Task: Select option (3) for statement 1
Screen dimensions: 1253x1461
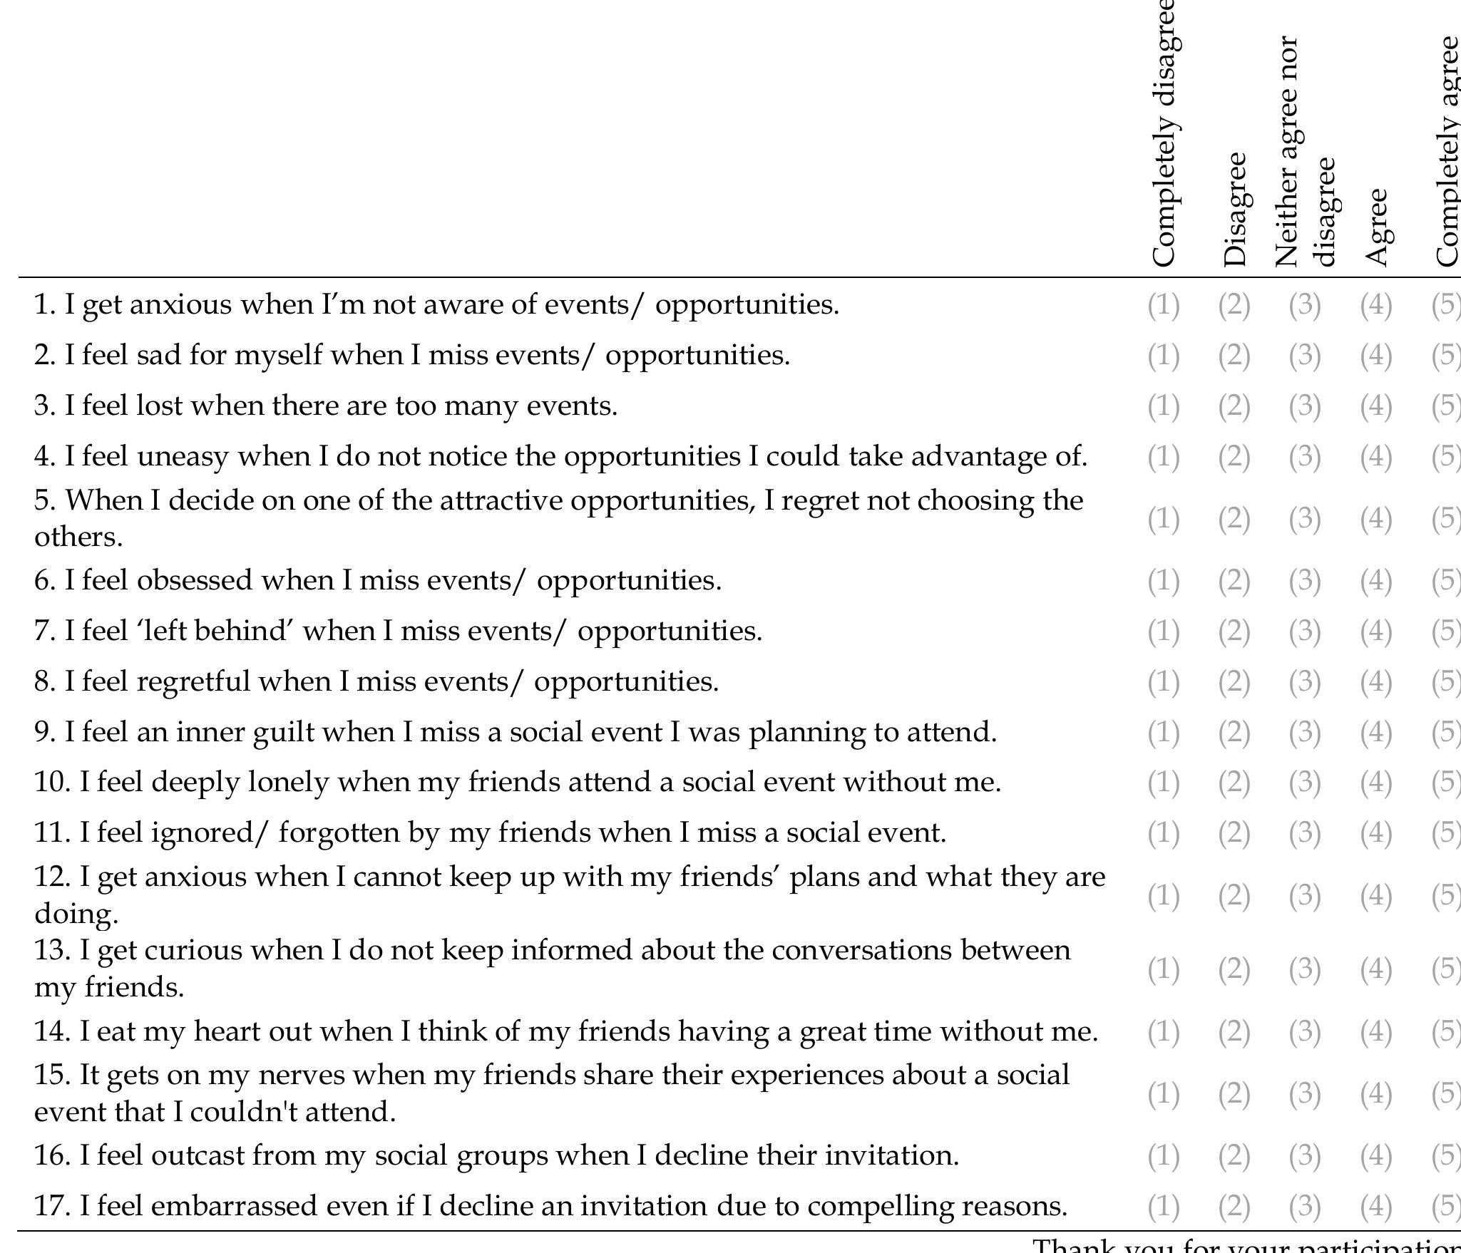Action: pos(1304,305)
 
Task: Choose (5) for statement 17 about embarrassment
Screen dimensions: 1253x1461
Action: pos(1446,1206)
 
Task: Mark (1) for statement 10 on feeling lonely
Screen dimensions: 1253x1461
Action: pos(1163,783)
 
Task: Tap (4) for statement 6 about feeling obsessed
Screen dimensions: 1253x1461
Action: pos(1375,581)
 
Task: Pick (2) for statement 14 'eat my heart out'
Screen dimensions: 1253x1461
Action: pos(1234,1031)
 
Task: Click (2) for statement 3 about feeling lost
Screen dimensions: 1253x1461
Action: pos(1234,406)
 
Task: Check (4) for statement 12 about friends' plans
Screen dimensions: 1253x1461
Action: pos(1375,895)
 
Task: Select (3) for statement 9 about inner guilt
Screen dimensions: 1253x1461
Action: pos(1304,732)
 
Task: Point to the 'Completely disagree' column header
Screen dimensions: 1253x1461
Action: pos(1164,135)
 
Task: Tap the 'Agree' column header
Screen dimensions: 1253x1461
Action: pos(1376,227)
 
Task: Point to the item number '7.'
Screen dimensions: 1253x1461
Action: pos(46,631)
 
